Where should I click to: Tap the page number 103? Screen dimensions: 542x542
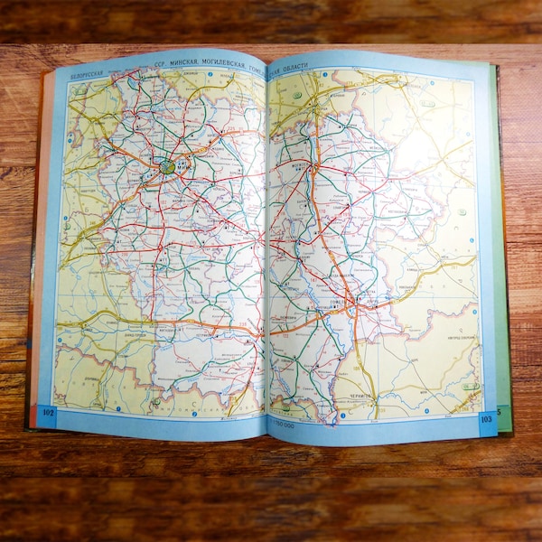[x=486, y=418]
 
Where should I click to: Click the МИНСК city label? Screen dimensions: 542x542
[x=182, y=166]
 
